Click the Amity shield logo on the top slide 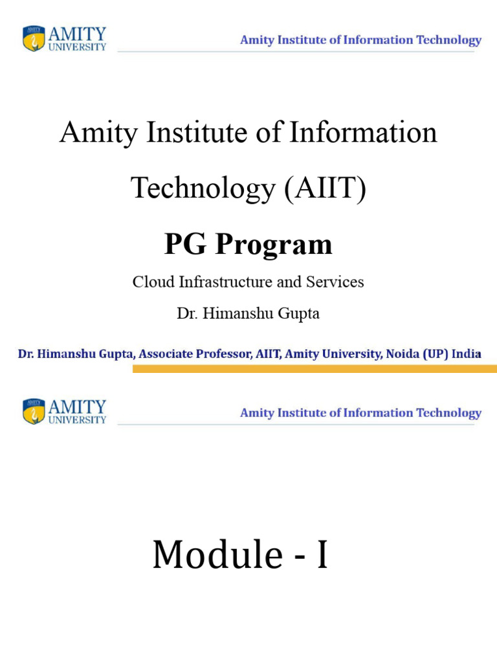tap(34, 38)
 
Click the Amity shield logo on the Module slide tap(34, 411)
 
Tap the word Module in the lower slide tap(217, 554)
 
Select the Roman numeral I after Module tap(322, 554)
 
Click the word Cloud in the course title tap(153, 282)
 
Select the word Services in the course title tap(335, 282)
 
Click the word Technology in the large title tap(203, 188)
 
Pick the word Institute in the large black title tap(197, 132)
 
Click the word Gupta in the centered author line tap(298, 314)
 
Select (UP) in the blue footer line tap(436, 354)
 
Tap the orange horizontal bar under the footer tap(315, 369)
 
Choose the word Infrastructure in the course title tap(226, 282)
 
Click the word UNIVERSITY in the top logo tap(77, 47)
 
